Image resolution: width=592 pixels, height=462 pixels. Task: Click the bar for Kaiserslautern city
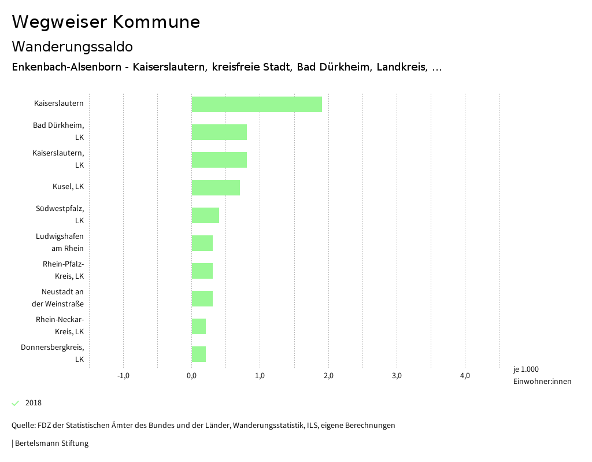[x=257, y=104]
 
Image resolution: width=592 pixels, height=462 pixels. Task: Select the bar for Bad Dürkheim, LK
[x=219, y=132]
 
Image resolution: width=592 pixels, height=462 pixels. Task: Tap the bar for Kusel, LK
[x=216, y=187]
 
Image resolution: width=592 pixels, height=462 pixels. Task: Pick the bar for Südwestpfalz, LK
[x=205, y=215]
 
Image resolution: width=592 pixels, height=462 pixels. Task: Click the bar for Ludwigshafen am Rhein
[x=202, y=243]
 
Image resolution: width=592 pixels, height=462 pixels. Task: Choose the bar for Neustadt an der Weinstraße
[x=202, y=298]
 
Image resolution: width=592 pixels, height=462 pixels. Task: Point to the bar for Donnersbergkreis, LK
[x=199, y=354]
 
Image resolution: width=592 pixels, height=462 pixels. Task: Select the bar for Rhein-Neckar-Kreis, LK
[x=199, y=326]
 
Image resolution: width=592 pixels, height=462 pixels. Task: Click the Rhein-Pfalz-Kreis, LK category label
[x=63, y=270]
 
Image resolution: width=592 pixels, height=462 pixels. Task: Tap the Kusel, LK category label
[x=68, y=187]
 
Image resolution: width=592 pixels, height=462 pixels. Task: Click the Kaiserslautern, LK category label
[x=58, y=159]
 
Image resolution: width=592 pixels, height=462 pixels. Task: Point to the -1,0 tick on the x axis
[x=123, y=376]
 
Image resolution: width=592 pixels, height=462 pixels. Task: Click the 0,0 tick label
[x=191, y=376]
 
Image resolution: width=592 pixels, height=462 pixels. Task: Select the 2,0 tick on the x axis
[x=328, y=376]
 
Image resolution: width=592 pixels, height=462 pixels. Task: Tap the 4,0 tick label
[x=465, y=376]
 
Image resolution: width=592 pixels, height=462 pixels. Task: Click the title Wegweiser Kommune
[x=106, y=22]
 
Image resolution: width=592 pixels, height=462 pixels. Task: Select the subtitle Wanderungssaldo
[x=72, y=46]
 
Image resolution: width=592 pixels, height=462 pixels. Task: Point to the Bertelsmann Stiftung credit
[x=51, y=443]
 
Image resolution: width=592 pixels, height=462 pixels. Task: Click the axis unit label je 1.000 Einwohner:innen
[x=542, y=375]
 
